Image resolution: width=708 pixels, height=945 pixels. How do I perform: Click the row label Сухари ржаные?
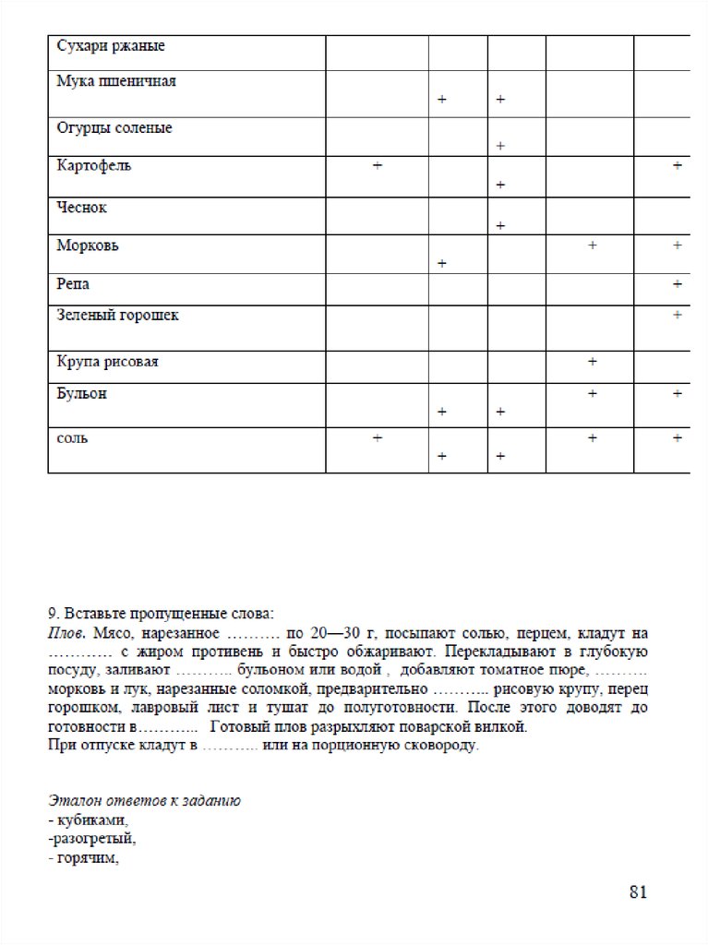pos(111,45)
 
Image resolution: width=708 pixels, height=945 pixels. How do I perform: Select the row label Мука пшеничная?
pos(115,81)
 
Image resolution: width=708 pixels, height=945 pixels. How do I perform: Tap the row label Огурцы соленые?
pos(114,128)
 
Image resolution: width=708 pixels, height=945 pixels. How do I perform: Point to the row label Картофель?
pos(93,165)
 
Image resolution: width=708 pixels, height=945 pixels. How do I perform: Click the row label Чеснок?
pos(81,208)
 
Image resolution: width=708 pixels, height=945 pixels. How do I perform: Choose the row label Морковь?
pos(87,246)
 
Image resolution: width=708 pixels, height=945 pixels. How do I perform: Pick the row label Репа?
pos(73,283)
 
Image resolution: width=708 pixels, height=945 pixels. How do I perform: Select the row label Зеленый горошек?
pos(117,316)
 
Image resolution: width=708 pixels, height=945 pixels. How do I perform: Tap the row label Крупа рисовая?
pos(107,362)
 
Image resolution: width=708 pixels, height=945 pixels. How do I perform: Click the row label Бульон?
pos(81,394)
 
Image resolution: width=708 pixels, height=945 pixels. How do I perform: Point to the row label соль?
pos(72,437)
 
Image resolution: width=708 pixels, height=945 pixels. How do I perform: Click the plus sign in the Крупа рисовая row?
pos(592,361)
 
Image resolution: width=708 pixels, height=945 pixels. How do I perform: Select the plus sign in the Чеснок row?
pos(500,225)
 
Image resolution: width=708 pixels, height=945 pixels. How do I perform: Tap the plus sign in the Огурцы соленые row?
pos(500,146)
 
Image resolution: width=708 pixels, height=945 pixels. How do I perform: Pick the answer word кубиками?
pos(90,820)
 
